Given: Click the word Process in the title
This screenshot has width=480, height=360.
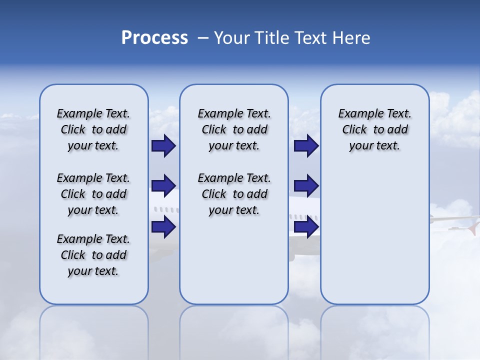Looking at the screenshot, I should click(154, 38).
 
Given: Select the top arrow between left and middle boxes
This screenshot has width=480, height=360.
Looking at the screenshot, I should click(163, 145).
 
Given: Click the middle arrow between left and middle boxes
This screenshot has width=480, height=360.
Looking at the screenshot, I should click(163, 186).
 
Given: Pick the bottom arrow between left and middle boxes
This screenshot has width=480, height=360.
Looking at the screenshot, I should click(163, 226).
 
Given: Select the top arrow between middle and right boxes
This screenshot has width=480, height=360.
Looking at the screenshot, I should click(306, 145).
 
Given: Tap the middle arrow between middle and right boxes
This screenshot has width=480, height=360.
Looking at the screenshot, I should click(306, 186).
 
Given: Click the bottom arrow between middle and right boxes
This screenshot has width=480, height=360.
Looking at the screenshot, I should click(306, 226).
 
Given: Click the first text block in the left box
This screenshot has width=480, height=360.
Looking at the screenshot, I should click(93, 129).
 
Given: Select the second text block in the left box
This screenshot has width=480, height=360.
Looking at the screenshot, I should click(93, 194).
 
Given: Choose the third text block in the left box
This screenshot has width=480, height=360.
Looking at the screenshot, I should click(93, 255).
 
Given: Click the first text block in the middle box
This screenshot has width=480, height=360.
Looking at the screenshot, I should click(234, 129).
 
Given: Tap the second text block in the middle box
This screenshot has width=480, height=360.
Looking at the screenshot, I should click(234, 194).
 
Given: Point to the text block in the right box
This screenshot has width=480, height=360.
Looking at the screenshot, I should click(374, 129).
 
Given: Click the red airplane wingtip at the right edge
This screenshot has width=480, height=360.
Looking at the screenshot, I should click(472, 227).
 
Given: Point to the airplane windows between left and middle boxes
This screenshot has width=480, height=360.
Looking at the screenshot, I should click(165, 209).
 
